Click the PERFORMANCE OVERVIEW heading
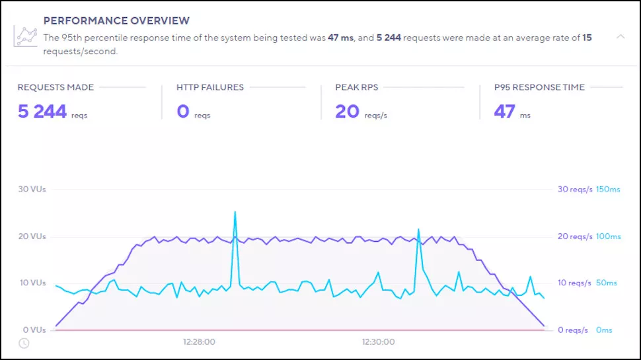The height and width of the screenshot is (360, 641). tap(116, 21)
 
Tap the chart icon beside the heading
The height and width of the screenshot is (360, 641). tap(25, 36)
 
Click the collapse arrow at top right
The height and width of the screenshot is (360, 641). tap(621, 37)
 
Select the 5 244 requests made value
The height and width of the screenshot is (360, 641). tap(42, 112)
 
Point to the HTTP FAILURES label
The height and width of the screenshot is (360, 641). tap(209, 87)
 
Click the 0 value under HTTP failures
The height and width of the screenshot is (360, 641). tap(183, 112)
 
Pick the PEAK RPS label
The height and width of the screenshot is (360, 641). tap(356, 87)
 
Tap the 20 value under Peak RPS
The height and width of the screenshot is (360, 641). tap(347, 112)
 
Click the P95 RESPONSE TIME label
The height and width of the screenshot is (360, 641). tap(539, 87)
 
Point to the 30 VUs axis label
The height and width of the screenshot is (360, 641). tap(32, 189)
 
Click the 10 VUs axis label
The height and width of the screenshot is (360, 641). tap(32, 283)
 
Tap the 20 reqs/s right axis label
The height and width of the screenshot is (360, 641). tap(575, 236)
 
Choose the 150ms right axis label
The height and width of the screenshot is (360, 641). tap(608, 189)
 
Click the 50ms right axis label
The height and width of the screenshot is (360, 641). tap(606, 283)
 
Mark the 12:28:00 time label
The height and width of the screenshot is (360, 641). tap(199, 342)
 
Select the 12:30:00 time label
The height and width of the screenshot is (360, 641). tap(378, 342)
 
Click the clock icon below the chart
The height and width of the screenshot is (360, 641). tap(24, 343)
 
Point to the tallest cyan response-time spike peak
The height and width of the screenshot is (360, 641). tap(235, 212)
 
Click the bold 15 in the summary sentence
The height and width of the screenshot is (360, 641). tap(587, 38)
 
